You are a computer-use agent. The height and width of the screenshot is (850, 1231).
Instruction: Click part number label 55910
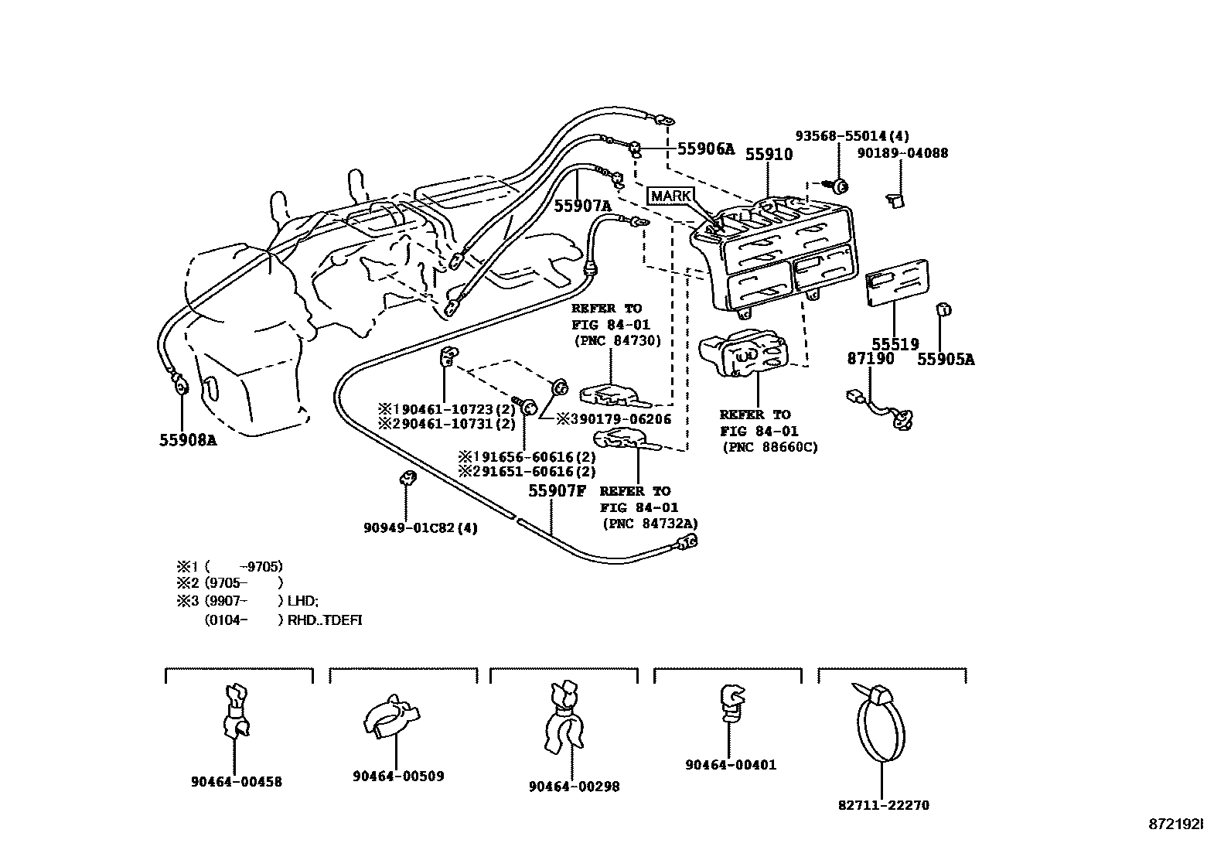pyautogui.click(x=769, y=154)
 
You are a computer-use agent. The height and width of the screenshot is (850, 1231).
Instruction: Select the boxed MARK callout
pyautogui.click(x=670, y=196)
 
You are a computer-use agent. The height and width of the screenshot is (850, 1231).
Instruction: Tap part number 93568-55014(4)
pyautogui.click(x=852, y=136)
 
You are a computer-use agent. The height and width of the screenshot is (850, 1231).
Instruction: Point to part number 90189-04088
pyautogui.click(x=902, y=153)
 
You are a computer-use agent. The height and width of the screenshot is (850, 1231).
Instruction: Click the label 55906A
pyautogui.click(x=706, y=149)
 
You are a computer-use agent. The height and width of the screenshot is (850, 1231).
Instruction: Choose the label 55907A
pyautogui.click(x=582, y=206)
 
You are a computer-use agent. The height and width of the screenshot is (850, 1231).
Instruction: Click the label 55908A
pyautogui.click(x=188, y=440)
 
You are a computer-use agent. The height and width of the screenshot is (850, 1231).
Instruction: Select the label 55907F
pyautogui.click(x=558, y=490)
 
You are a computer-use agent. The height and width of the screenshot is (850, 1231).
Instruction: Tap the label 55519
pyautogui.click(x=895, y=344)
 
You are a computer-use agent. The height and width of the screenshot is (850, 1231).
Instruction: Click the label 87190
pyautogui.click(x=870, y=359)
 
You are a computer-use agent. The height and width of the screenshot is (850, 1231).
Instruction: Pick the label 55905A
pyautogui.click(x=946, y=359)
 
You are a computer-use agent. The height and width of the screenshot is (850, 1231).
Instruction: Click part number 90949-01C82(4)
pyautogui.click(x=421, y=527)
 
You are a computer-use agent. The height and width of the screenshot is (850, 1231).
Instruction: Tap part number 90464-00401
pyautogui.click(x=730, y=765)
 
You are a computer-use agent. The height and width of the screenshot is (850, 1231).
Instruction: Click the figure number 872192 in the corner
pyautogui.click(x=1175, y=824)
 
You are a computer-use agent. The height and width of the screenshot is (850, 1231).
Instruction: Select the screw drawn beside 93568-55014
pyautogui.click(x=838, y=186)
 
